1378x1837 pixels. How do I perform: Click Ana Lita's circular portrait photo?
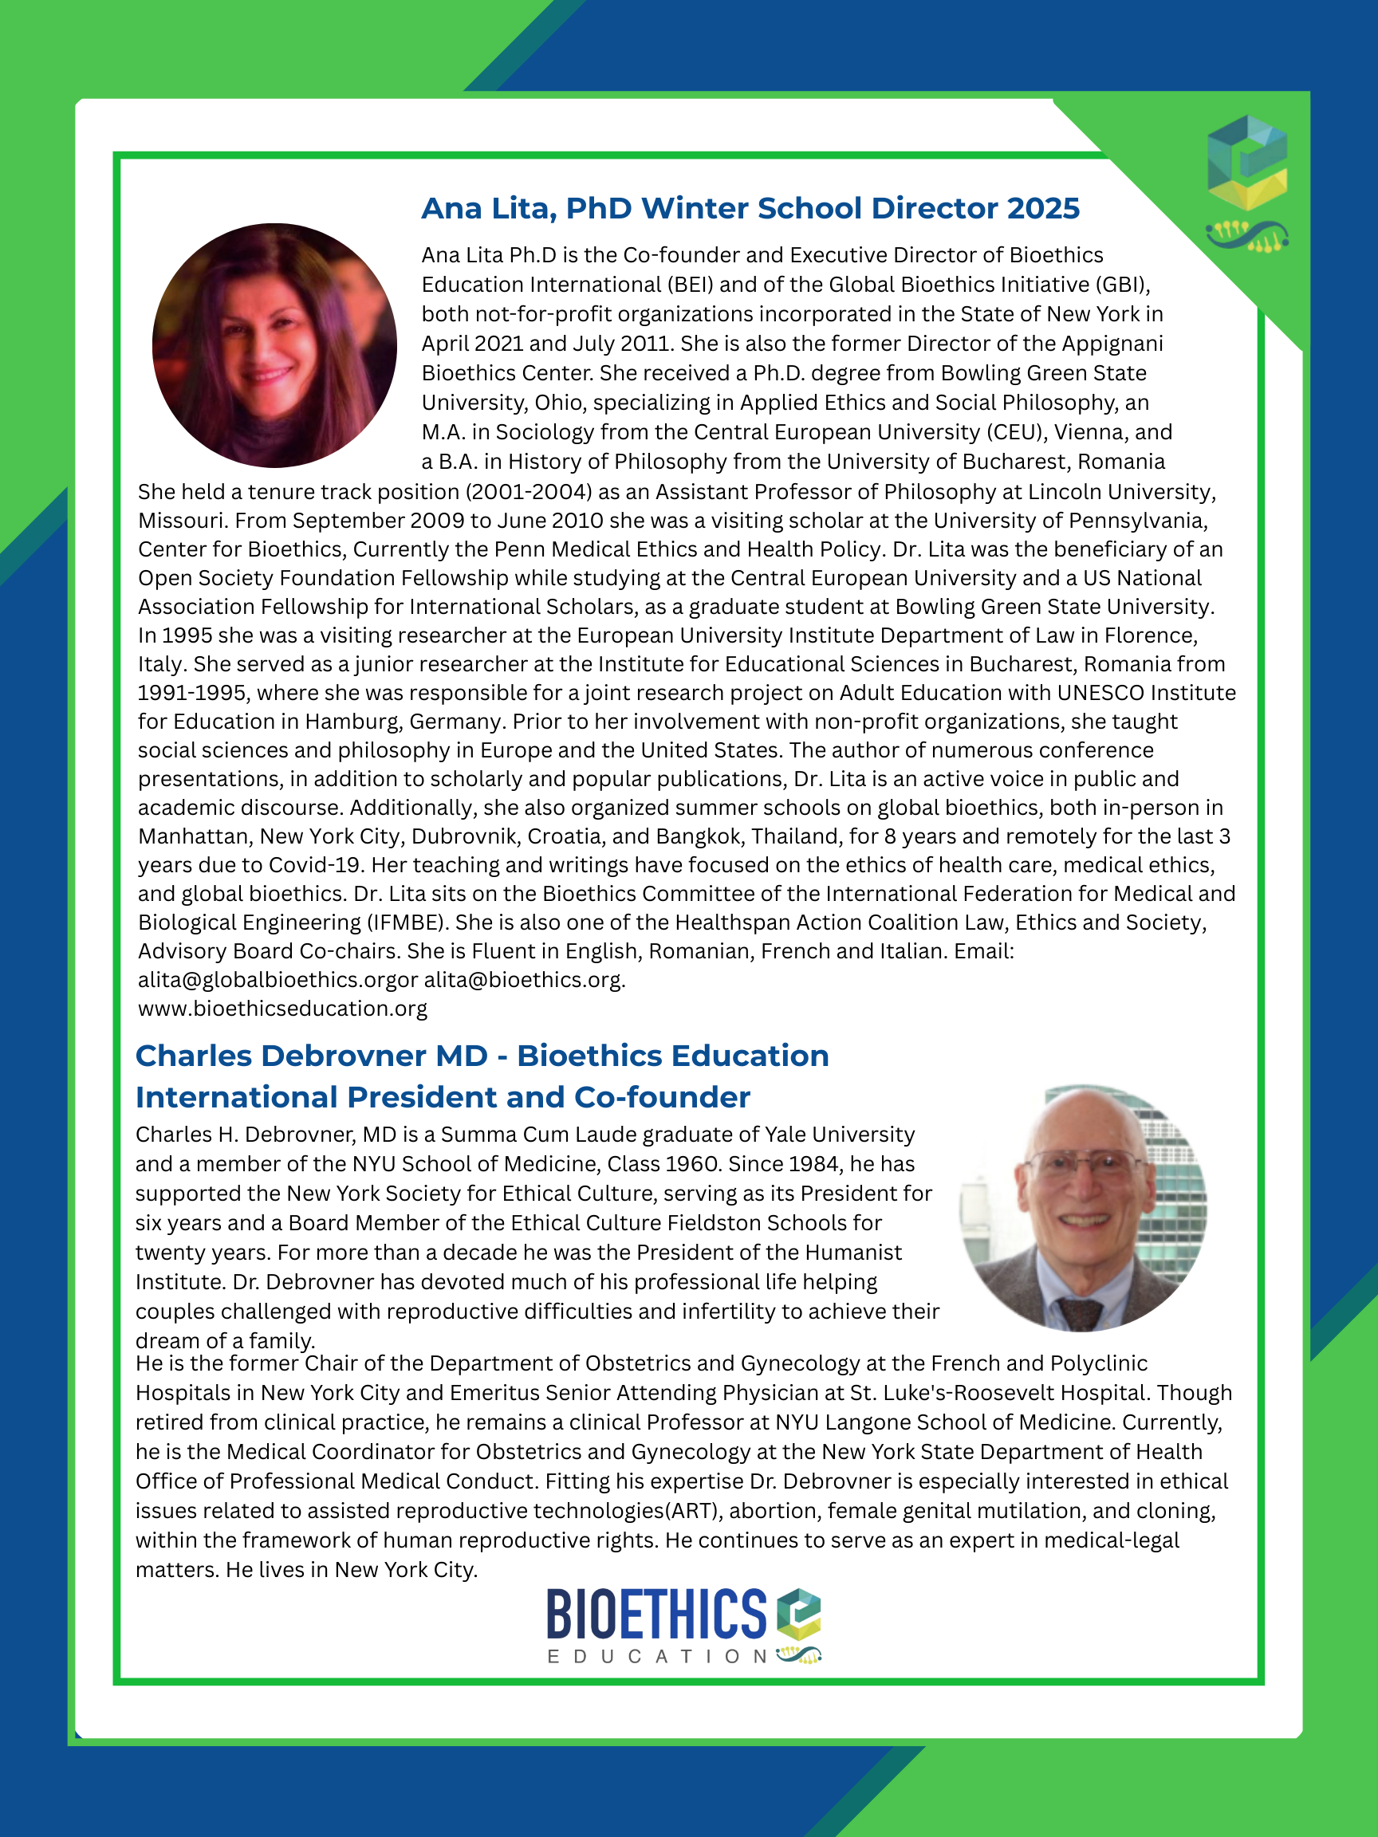tap(274, 344)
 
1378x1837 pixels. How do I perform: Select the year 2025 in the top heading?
tap(1043, 208)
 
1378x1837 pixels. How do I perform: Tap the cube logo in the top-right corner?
tap(1246, 162)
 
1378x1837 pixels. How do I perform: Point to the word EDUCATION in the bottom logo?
tap(656, 1657)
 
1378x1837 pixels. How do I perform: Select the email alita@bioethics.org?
tap(524, 980)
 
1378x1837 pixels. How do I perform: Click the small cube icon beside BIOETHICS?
tap(798, 1614)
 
